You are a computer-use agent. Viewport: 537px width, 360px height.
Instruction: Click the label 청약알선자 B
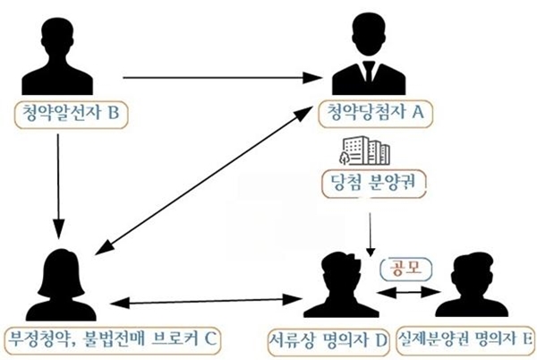(x=71, y=113)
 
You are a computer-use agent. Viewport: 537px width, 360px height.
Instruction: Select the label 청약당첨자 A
(x=375, y=112)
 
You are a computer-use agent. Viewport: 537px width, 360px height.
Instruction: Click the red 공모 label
(x=406, y=268)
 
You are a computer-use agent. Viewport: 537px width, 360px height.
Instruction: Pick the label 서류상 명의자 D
(x=328, y=340)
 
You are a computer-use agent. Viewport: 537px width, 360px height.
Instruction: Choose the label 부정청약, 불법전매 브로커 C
(x=113, y=339)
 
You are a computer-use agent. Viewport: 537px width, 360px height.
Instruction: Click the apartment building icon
(x=364, y=150)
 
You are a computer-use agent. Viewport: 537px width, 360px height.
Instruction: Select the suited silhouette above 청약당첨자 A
(x=369, y=54)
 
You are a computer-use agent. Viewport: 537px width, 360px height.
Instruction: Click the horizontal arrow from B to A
(x=223, y=78)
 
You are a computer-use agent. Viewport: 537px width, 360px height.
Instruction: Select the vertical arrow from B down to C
(x=58, y=186)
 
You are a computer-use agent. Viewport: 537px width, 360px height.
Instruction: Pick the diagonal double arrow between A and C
(x=204, y=180)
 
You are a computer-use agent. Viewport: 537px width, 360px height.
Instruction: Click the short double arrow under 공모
(x=408, y=292)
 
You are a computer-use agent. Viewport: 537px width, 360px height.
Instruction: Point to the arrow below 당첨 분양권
(x=370, y=235)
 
